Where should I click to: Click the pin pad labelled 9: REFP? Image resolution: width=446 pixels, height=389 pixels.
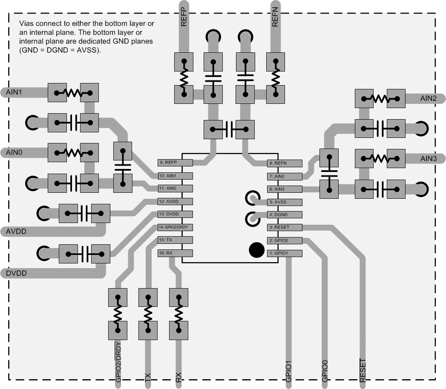(x=175, y=163)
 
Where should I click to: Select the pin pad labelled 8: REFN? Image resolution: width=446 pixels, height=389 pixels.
(x=285, y=163)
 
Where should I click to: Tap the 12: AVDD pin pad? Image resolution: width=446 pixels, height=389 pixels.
(x=175, y=201)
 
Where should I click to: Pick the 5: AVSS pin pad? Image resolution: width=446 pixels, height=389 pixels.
(x=285, y=202)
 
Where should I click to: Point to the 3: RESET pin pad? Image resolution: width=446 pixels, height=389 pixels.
(x=285, y=227)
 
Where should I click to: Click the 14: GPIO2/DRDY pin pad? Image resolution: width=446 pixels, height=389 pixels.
(x=175, y=227)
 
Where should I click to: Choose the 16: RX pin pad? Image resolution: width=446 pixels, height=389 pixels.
(x=175, y=253)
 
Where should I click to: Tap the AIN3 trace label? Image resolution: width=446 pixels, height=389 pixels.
(x=429, y=159)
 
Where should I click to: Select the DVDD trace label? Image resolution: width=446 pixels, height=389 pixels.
(x=17, y=273)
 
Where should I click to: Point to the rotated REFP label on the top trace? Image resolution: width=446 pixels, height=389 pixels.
(x=184, y=17)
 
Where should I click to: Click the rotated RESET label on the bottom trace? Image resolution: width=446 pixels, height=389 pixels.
(x=363, y=371)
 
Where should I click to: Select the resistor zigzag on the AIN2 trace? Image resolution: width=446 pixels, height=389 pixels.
(x=380, y=99)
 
